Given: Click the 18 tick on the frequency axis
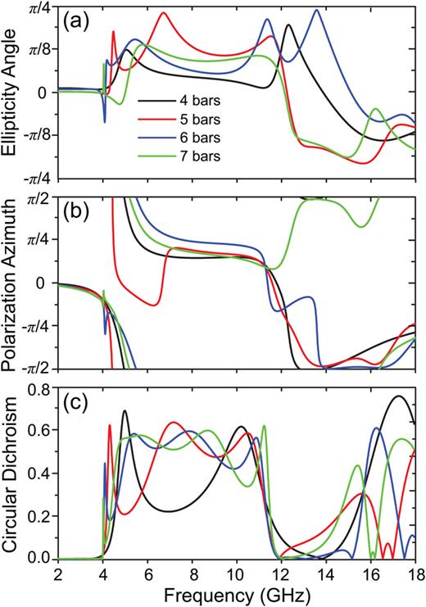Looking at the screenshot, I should point(415,573).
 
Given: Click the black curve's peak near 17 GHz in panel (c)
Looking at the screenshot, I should point(398,396).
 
